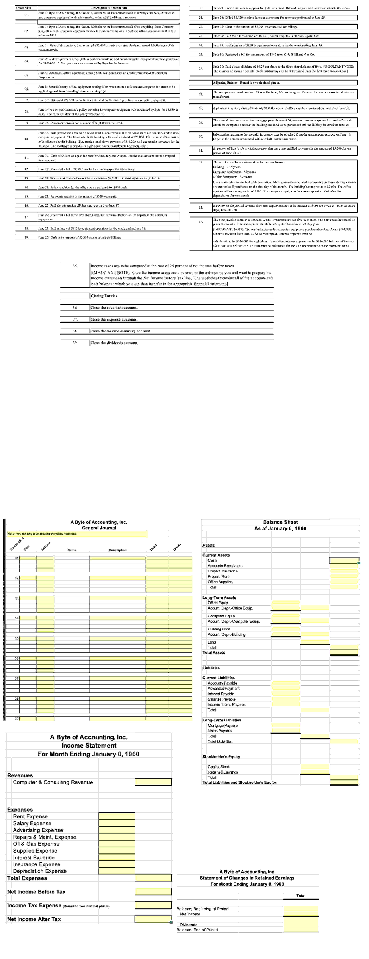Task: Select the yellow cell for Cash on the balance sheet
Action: [x=344, y=560]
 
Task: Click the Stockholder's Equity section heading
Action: [x=221, y=756]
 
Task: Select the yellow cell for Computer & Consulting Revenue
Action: [x=153, y=782]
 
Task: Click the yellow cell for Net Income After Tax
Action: [x=153, y=919]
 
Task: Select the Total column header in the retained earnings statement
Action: [x=301, y=896]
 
